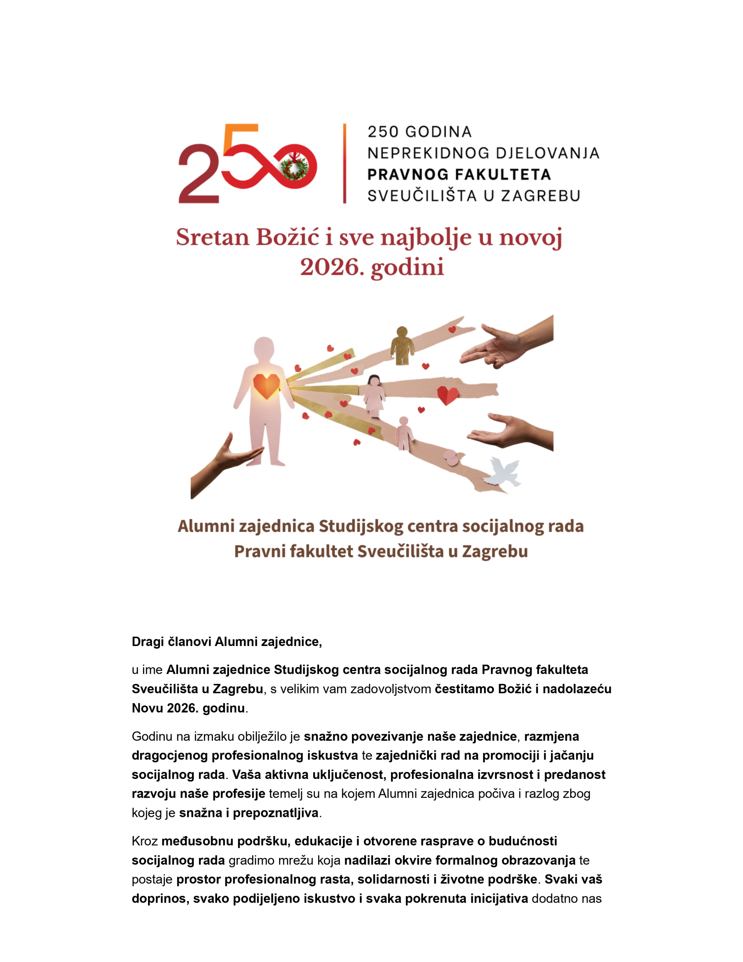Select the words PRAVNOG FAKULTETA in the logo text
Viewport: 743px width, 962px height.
click(459, 174)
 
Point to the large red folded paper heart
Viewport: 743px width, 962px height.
click(447, 395)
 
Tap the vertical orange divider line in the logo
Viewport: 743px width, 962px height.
click(344, 163)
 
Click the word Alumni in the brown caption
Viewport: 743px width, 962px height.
click(202, 526)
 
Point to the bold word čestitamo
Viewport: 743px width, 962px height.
click(465, 689)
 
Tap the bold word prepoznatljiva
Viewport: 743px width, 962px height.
click(275, 813)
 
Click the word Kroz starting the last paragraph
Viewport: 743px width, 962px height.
click(145, 841)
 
